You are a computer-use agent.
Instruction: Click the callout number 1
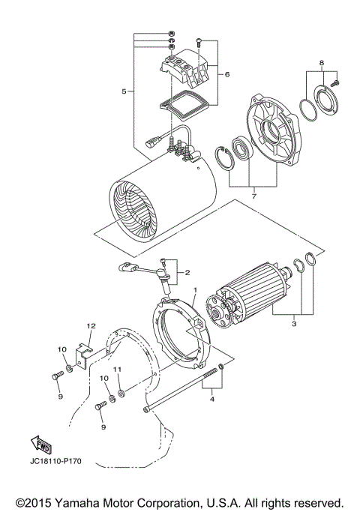pyautogui.click(x=195, y=289)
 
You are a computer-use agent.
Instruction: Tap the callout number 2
pyautogui.click(x=187, y=273)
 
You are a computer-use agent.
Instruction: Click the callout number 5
pyautogui.click(x=124, y=91)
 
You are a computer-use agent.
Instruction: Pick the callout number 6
pyautogui.click(x=226, y=74)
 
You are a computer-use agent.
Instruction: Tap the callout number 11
pyautogui.click(x=117, y=370)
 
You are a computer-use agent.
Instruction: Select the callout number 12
pyautogui.click(x=90, y=326)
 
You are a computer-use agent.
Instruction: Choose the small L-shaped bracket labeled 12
pyautogui.click(x=85, y=352)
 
